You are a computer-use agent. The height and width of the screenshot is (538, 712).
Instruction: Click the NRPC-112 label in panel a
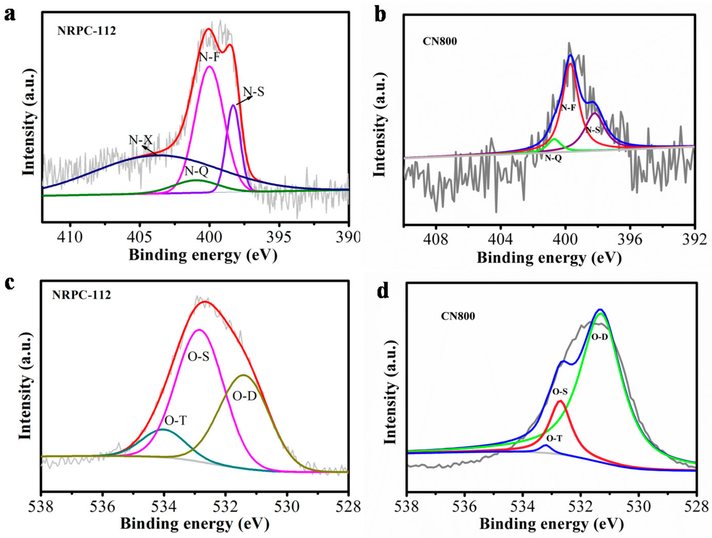86,31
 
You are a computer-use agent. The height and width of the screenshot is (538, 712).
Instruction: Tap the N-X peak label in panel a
141,140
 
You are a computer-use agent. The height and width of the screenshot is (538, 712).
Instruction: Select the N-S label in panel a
253,92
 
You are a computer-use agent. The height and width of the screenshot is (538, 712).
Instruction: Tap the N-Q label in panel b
553,158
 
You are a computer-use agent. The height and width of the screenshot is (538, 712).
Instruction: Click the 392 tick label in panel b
694,239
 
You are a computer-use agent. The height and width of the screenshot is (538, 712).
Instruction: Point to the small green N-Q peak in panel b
554,140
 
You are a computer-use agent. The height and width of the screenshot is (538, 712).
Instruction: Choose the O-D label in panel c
245,396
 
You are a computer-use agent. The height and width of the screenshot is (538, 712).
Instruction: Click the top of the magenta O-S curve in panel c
199,330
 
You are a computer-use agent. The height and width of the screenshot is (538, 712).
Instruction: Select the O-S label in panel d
560,391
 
